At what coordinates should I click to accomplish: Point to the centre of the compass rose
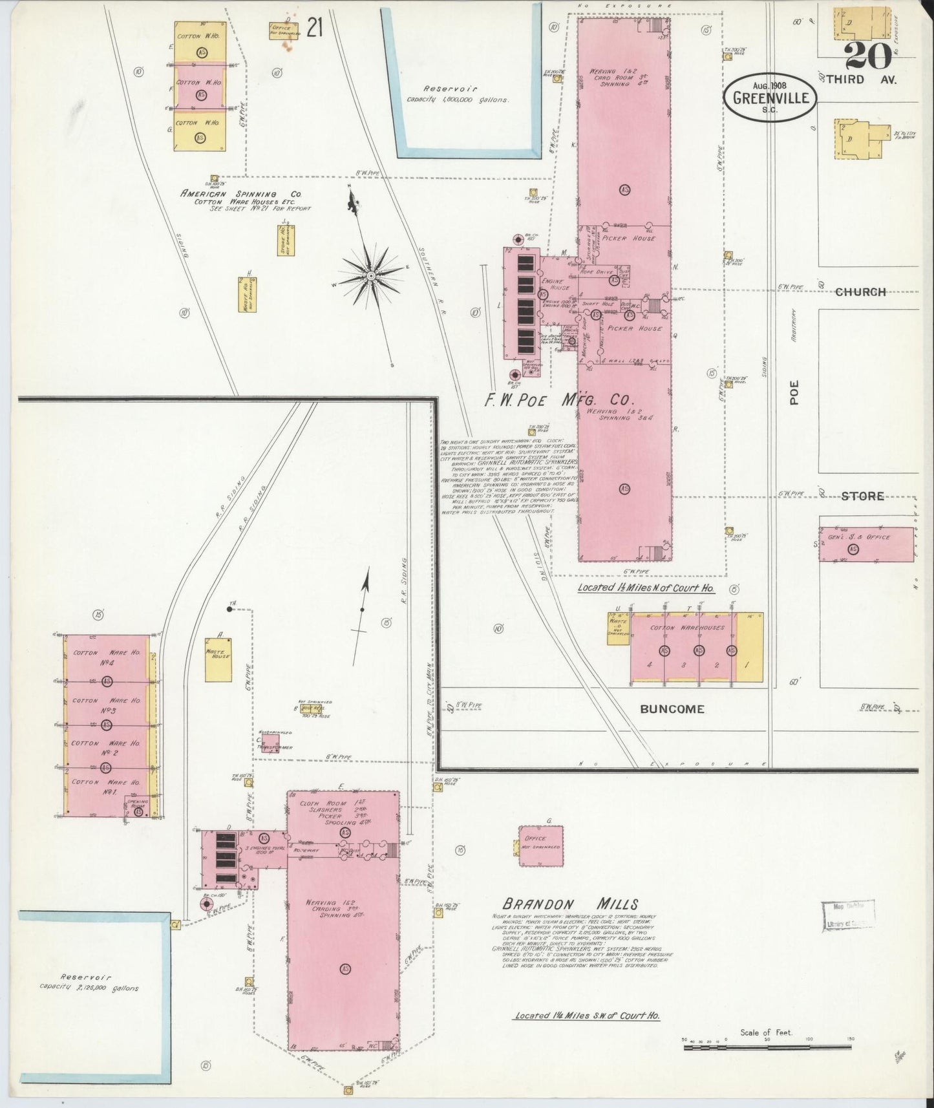click(x=371, y=276)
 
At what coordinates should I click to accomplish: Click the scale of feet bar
click(x=767, y=1059)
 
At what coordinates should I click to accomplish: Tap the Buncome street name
click(x=672, y=708)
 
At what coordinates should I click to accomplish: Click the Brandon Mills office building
click(x=540, y=846)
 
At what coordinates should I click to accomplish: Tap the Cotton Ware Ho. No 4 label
click(x=107, y=657)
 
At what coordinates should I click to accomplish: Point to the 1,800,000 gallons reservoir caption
click(x=458, y=95)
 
